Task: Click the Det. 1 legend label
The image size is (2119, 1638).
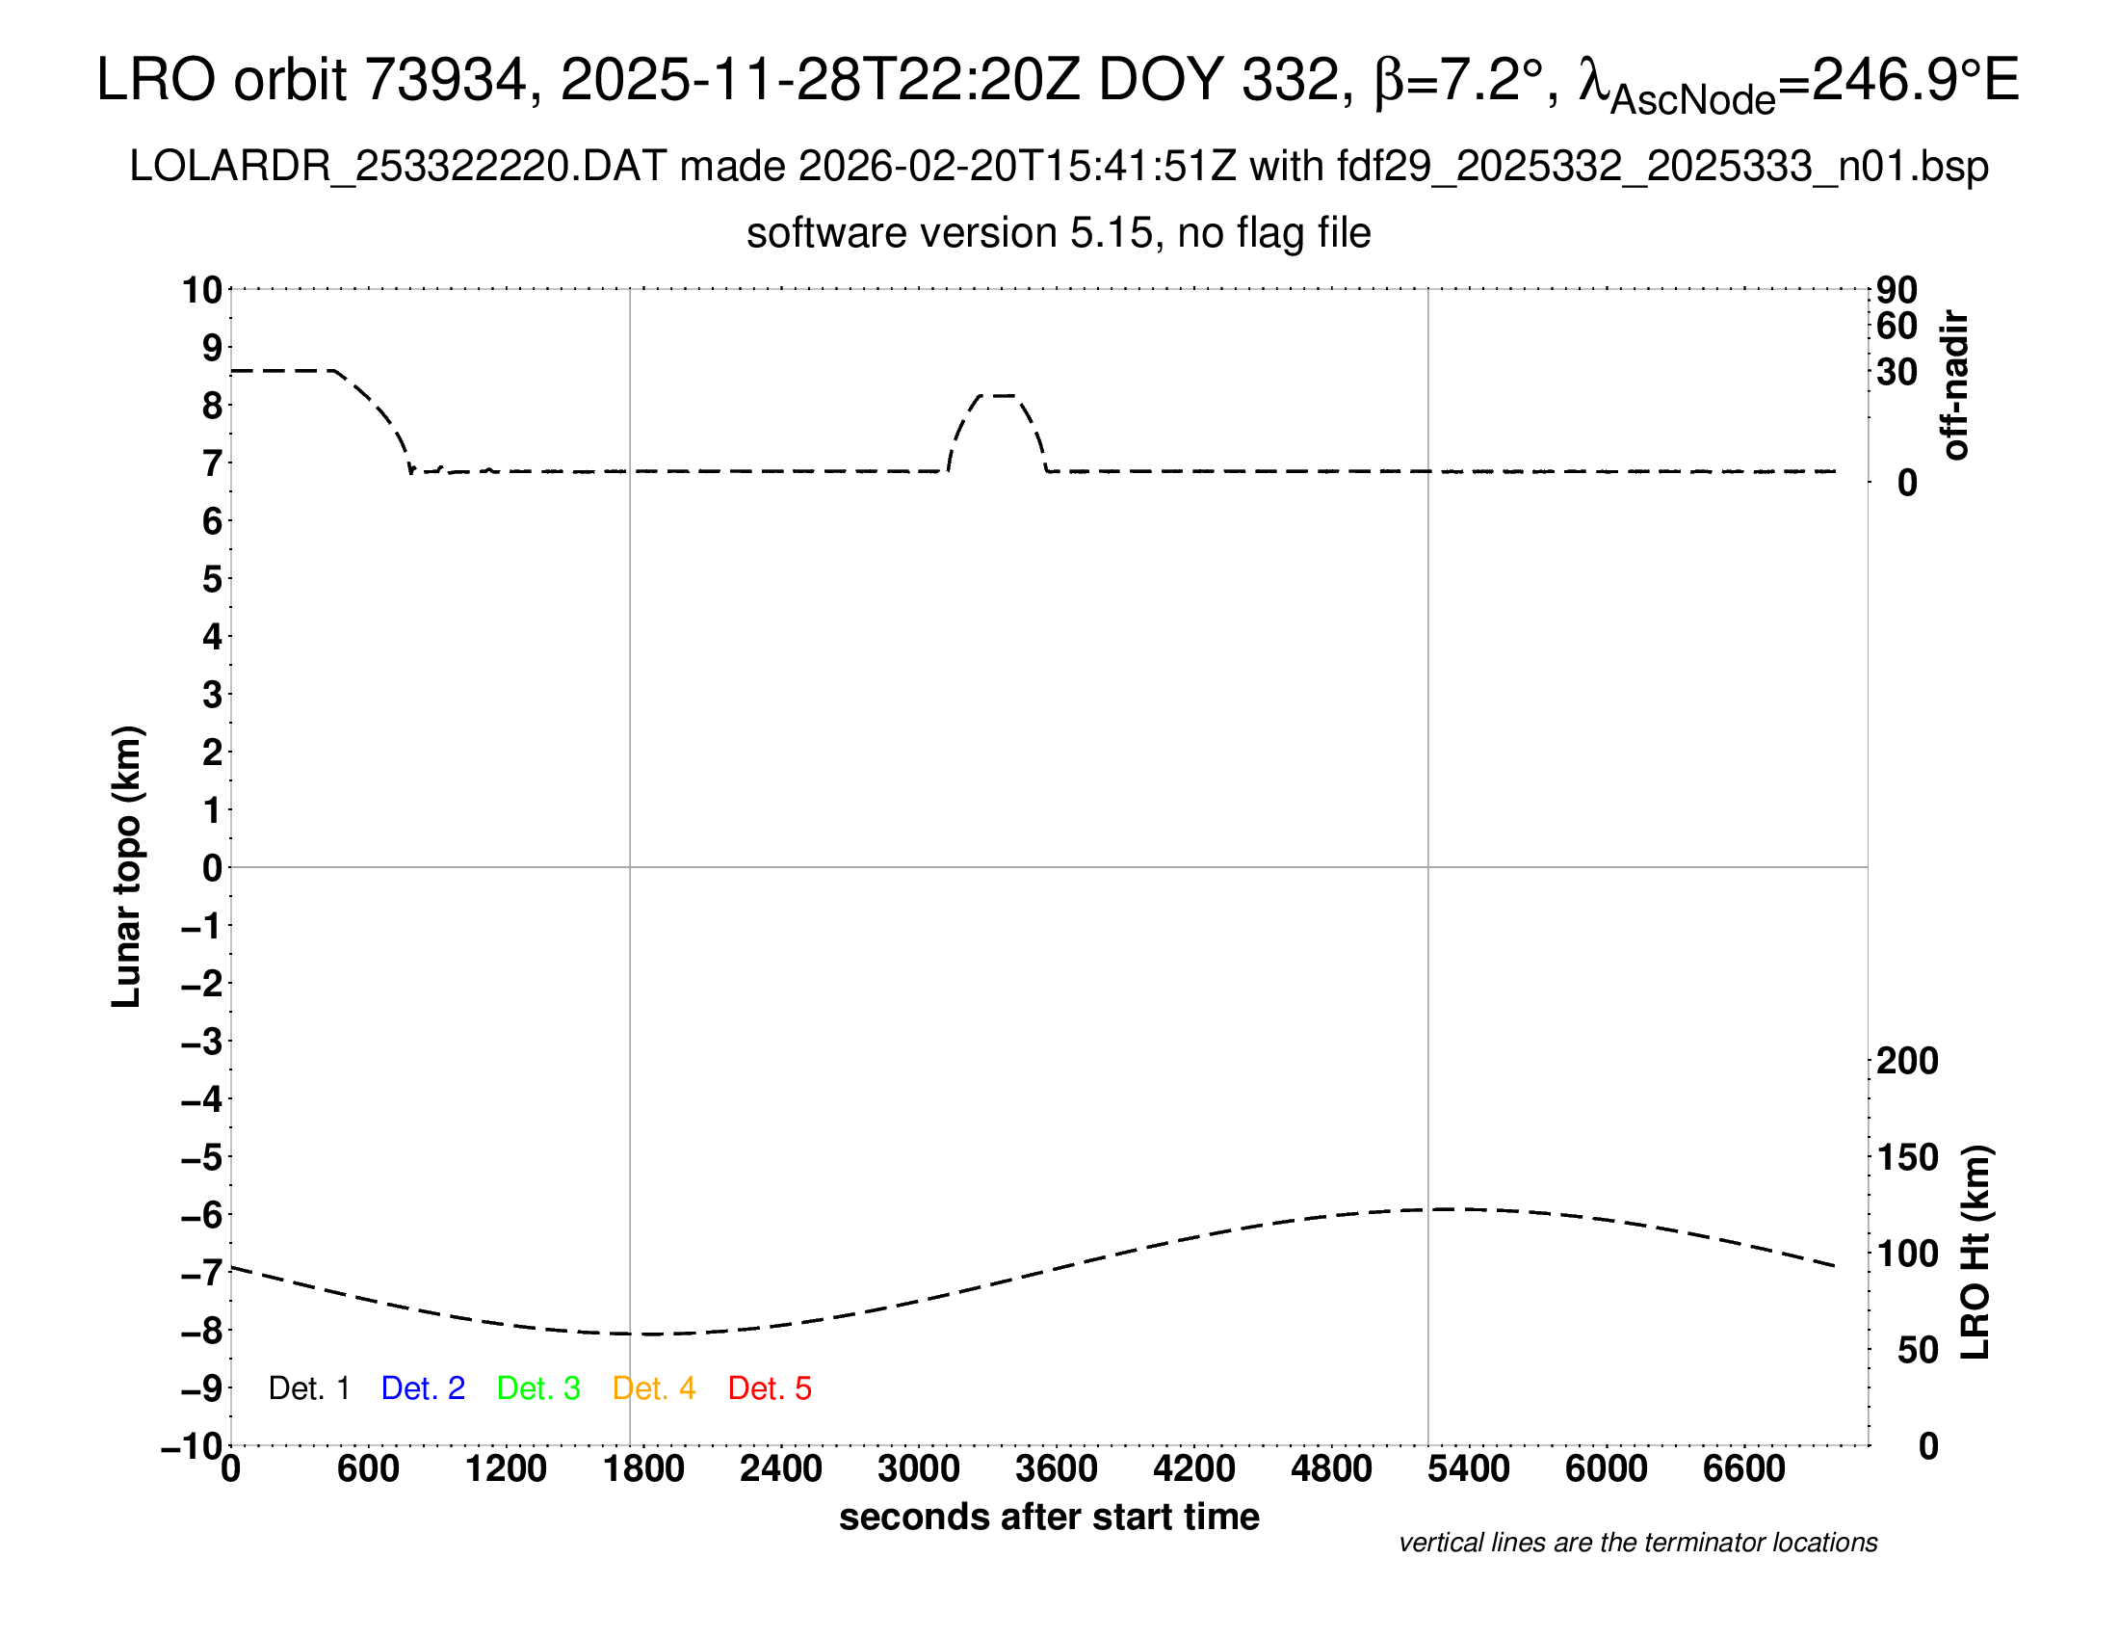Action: tap(308, 1388)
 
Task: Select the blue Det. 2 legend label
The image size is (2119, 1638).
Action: tap(423, 1388)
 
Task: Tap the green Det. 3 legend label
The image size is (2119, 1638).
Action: tap(538, 1388)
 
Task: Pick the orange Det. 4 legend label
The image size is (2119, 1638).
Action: tap(654, 1388)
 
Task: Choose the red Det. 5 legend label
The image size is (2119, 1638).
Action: tap(770, 1388)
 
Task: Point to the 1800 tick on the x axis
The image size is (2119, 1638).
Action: tap(643, 1469)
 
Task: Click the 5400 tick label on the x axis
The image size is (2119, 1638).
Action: tap(1469, 1469)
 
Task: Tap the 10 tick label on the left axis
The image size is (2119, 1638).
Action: tap(203, 290)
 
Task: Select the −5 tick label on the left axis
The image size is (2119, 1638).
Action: tap(202, 1157)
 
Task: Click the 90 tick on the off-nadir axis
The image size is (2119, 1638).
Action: tap(1897, 290)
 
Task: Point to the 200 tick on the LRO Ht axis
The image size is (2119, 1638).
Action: tap(1907, 1061)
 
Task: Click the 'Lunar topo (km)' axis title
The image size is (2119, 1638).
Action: tap(127, 866)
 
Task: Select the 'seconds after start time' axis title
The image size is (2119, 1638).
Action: tap(1049, 1517)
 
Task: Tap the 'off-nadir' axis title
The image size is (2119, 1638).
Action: tap(1955, 385)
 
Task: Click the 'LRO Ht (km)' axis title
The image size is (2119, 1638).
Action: tap(1975, 1253)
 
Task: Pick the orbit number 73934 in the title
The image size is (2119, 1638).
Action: tap(445, 80)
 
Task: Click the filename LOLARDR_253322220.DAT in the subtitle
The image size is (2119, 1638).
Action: tap(398, 167)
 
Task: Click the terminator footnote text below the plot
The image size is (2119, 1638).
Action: tap(1637, 1543)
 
